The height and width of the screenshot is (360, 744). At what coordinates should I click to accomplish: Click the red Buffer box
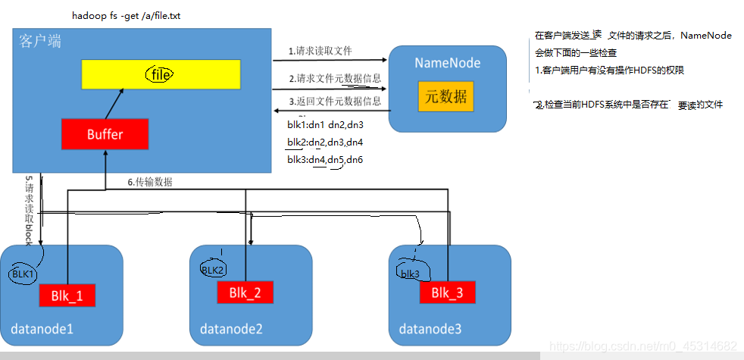(x=105, y=134)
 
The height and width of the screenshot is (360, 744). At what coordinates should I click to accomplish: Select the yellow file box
(x=161, y=74)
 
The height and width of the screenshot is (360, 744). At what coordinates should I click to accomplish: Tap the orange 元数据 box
(x=445, y=96)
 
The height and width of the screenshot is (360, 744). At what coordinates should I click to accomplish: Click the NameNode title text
(x=447, y=62)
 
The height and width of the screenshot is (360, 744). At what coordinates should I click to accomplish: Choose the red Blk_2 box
(x=245, y=292)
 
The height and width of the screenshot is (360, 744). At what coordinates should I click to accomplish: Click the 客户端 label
(x=39, y=42)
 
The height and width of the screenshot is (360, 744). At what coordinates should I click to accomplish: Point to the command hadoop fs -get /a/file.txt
(x=115, y=14)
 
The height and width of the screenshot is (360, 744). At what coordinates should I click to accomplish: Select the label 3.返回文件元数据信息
(x=334, y=101)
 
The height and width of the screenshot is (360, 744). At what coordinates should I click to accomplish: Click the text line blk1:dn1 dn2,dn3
(x=325, y=124)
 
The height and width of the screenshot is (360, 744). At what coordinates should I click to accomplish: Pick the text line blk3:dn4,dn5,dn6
(x=325, y=159)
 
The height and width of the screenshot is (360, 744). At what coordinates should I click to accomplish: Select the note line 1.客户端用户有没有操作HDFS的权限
(x=614, y=70)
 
